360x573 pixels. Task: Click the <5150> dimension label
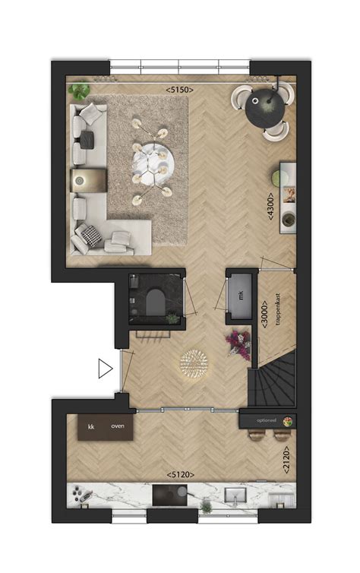click(180, 90)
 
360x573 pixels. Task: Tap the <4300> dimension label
click(270, 205)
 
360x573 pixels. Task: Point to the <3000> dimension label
click(264, 314)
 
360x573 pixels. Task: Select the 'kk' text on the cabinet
click(90, 427)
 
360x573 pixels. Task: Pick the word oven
click(118, 427)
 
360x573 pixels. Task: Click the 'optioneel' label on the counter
click(266, 419)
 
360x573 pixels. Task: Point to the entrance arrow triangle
click(105, 369)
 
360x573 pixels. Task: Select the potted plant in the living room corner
click(78, 92)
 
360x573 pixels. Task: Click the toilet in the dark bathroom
click(154, 302)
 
